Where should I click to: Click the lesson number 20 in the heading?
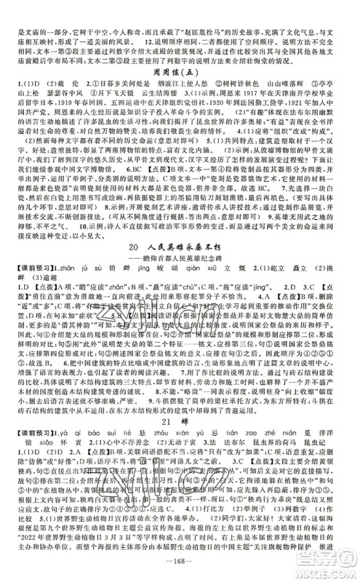click(x=140, y=270)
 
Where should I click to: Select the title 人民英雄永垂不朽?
click(x=191, y=270)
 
